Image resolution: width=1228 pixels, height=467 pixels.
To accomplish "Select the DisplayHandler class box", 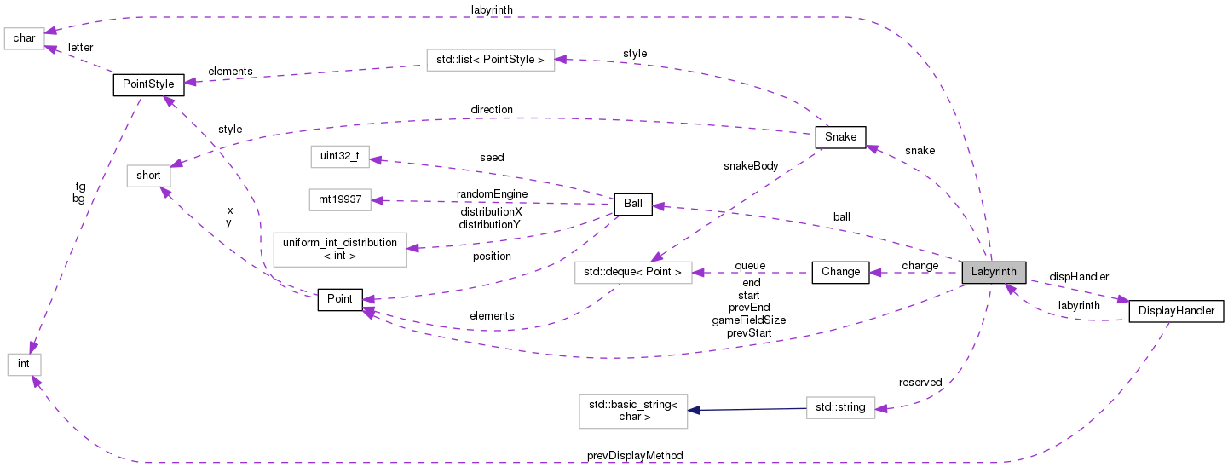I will coord(1176,312).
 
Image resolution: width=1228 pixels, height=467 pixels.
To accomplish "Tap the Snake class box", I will coord(840,137).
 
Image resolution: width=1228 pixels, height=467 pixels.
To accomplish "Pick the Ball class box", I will coord(633,205).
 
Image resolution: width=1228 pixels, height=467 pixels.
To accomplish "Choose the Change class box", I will coord(840,273).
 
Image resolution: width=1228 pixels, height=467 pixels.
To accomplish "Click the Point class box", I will coord(340,299).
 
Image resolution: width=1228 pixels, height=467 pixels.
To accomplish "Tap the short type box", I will coord(148,176).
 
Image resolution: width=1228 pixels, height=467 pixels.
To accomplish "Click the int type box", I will coord(24,364).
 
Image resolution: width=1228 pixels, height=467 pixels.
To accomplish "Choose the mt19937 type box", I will coord(340,200).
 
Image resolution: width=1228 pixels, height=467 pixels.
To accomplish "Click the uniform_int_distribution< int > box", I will coord(339,249).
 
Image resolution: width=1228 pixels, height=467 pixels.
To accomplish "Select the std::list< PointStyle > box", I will coord(490,59).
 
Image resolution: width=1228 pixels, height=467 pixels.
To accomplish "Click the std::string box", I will coord(839,407).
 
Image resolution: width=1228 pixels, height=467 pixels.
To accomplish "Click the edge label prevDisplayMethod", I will coord(635,456).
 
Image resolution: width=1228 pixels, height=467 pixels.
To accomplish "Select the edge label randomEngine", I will coord(493,193).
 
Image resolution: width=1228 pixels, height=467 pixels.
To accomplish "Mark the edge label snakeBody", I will coord(751,166).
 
